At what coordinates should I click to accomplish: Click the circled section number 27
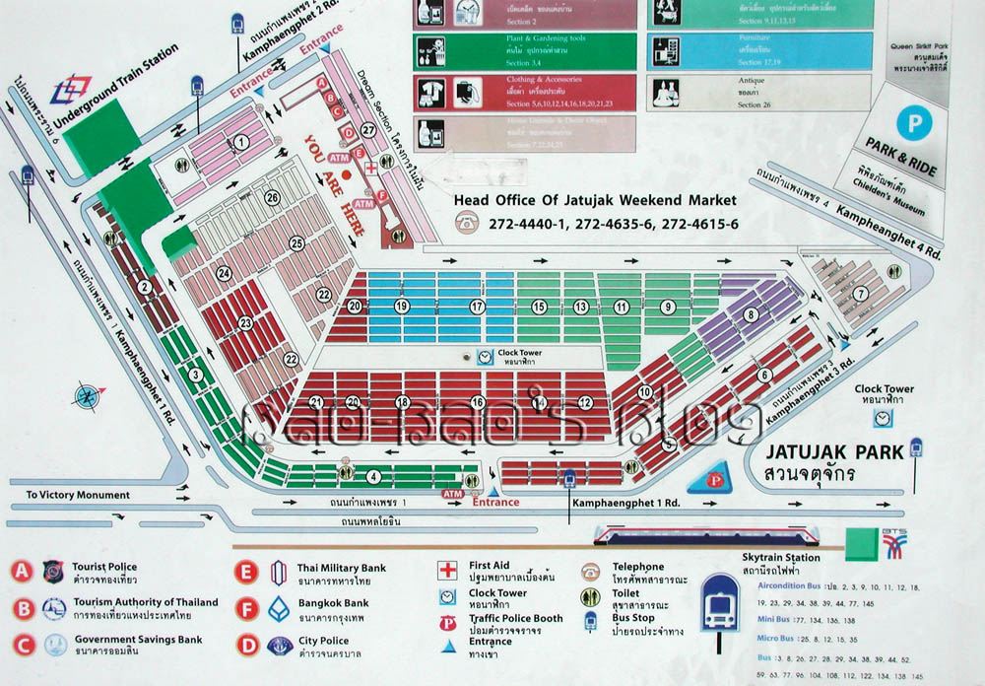click(x=368, y=129)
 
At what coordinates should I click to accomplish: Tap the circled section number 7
click(x=860, y=293)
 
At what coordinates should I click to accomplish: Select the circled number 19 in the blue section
click(x=401, y=307)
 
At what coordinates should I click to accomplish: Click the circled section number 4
click(x=372, y=477)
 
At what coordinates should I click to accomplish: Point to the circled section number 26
click(x=273, y=198)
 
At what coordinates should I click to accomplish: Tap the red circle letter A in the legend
click(x=23, y=572)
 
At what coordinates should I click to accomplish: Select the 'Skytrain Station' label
click(x=780, y=558)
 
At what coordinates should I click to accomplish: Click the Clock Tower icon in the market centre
click(x=485, y=357)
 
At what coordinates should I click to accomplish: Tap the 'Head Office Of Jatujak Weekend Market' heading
click(x=595, y=200)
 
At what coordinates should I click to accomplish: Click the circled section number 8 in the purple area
click(x=752, y=315)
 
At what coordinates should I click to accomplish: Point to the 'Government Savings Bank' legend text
click(x=138, y=640)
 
